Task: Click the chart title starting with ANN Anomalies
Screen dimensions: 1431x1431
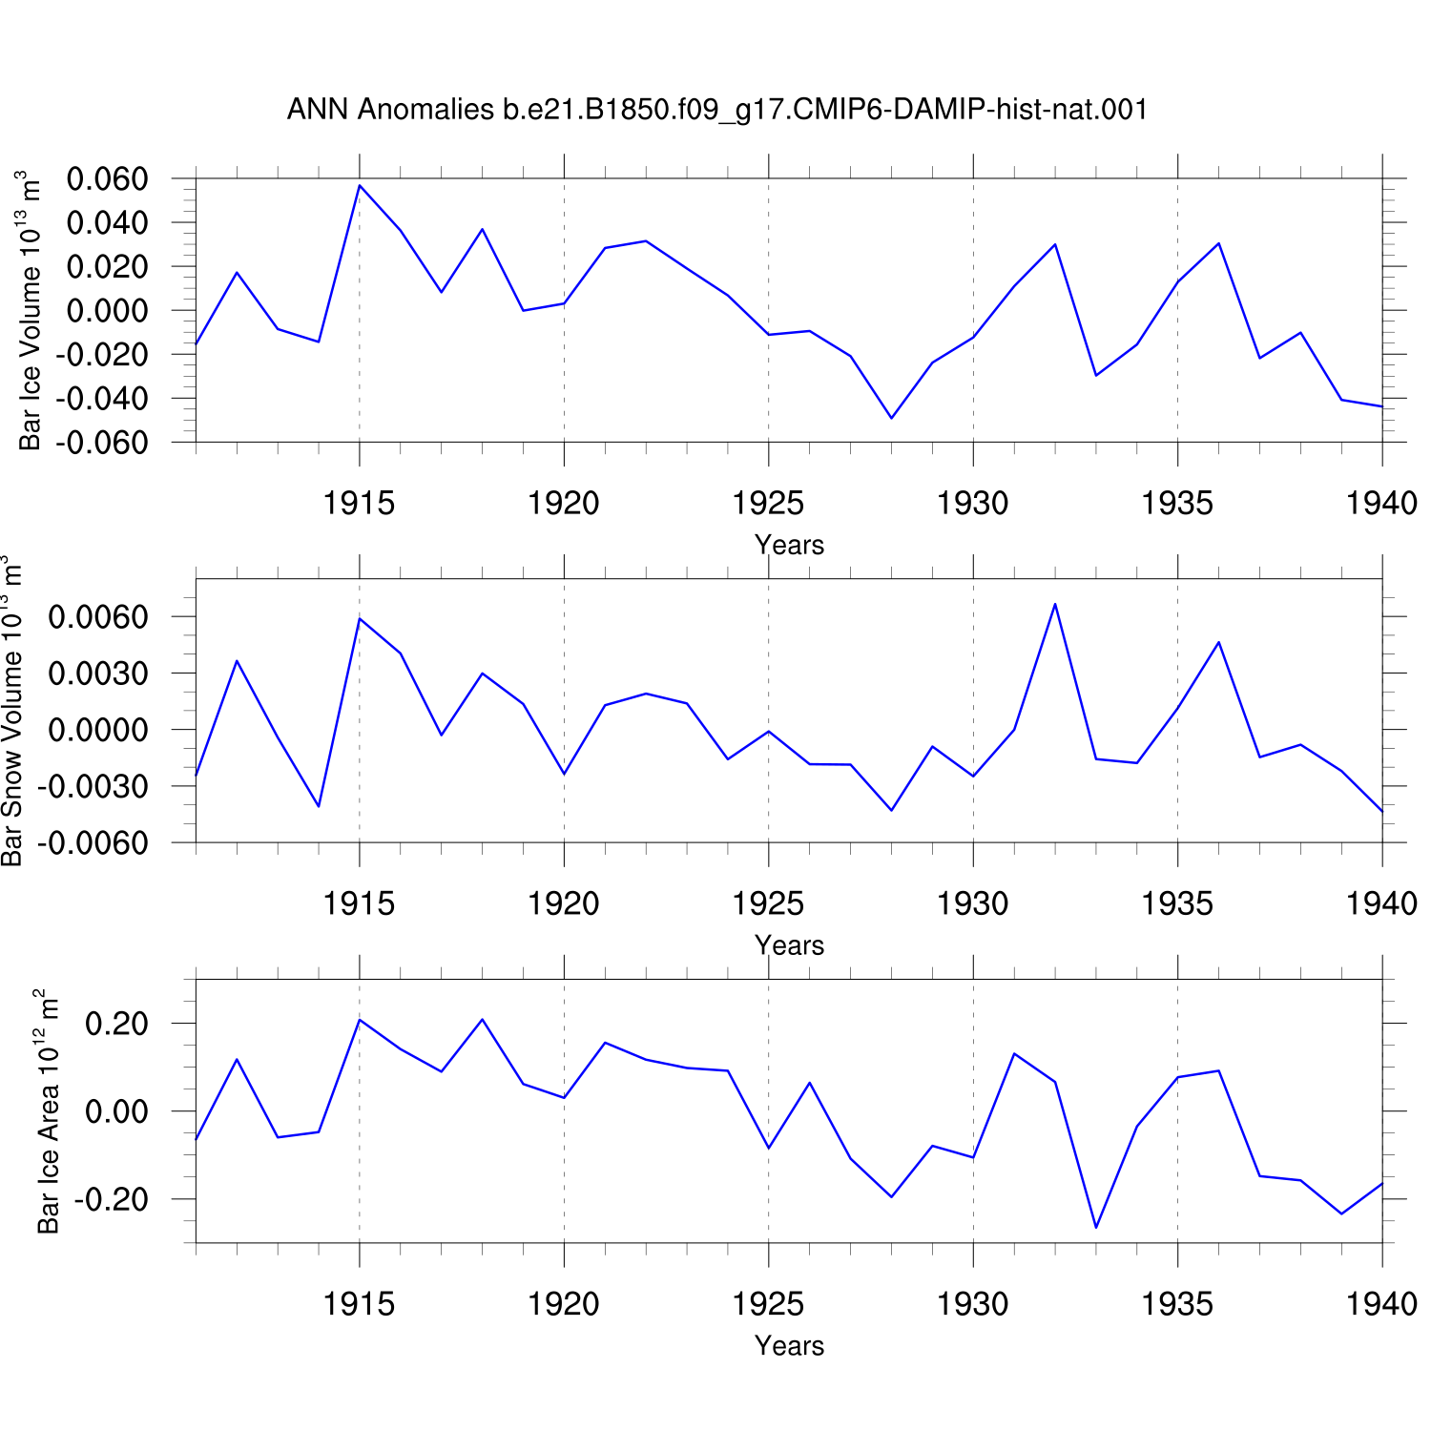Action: pyautogui.click(x=716, y=110)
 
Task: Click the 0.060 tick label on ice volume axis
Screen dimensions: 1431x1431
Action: pyautogui.click(x=108, y=178)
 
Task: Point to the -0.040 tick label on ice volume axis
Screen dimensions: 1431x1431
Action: pyautogui.click(x=101, y=399)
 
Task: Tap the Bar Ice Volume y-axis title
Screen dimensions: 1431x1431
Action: pyautogui.click(x=31, y=310)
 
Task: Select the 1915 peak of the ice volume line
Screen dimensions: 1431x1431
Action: pyautogui.click(x=360, y=185)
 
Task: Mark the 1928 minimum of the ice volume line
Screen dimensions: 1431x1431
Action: pyautogui.click(x=892, y=418)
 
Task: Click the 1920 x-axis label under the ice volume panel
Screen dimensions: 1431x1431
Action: pyautogui.click(x=564, y=503)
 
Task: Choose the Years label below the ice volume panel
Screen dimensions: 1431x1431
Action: pyautogui.click(x=789, y=545)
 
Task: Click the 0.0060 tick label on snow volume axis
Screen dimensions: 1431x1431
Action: pyautogui.click(x=98, y=617)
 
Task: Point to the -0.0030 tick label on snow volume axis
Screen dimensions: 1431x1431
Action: pyautogui.click(x=93, y=787)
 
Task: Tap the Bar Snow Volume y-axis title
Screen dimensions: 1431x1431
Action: pyautogui.click(x=11, y=711)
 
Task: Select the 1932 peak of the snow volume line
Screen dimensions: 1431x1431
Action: pyautogui.click(x=1055, y=604)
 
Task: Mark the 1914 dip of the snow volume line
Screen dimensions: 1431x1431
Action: pyautogui.click(x=319, y=806)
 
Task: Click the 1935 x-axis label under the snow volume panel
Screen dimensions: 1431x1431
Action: pyautogui.click(x=1177, y=903)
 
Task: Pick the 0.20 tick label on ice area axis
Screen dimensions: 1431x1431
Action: pyautogui.click(x=117, y=1024)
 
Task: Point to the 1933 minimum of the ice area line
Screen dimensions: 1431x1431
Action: pyautogui.click(x=1096, y=1227)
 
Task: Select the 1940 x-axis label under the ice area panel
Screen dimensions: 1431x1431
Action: pyautogui.click(x=1381, y=1304)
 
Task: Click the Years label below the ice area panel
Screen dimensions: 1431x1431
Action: pyautogui.click(x=789, y=1346)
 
